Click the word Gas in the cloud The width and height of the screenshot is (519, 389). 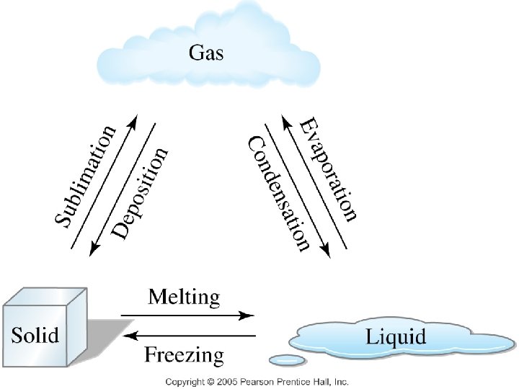(x=206, y=53)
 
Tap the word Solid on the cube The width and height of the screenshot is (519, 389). (x=35, y=334)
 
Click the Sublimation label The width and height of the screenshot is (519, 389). (x=85, y=176)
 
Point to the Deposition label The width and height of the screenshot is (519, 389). (x=139, y=193)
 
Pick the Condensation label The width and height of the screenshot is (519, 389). (x=278, y=194)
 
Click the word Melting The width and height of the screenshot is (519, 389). (x=184, y=298)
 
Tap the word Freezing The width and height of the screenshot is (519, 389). (x=184, y=355)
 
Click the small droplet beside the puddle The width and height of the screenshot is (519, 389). (x=287, y=361)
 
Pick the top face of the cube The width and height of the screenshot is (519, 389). (x=45, y=296)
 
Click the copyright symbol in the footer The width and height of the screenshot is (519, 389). (x=210, y=382)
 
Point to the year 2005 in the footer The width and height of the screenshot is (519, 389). (x=227, y=382)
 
